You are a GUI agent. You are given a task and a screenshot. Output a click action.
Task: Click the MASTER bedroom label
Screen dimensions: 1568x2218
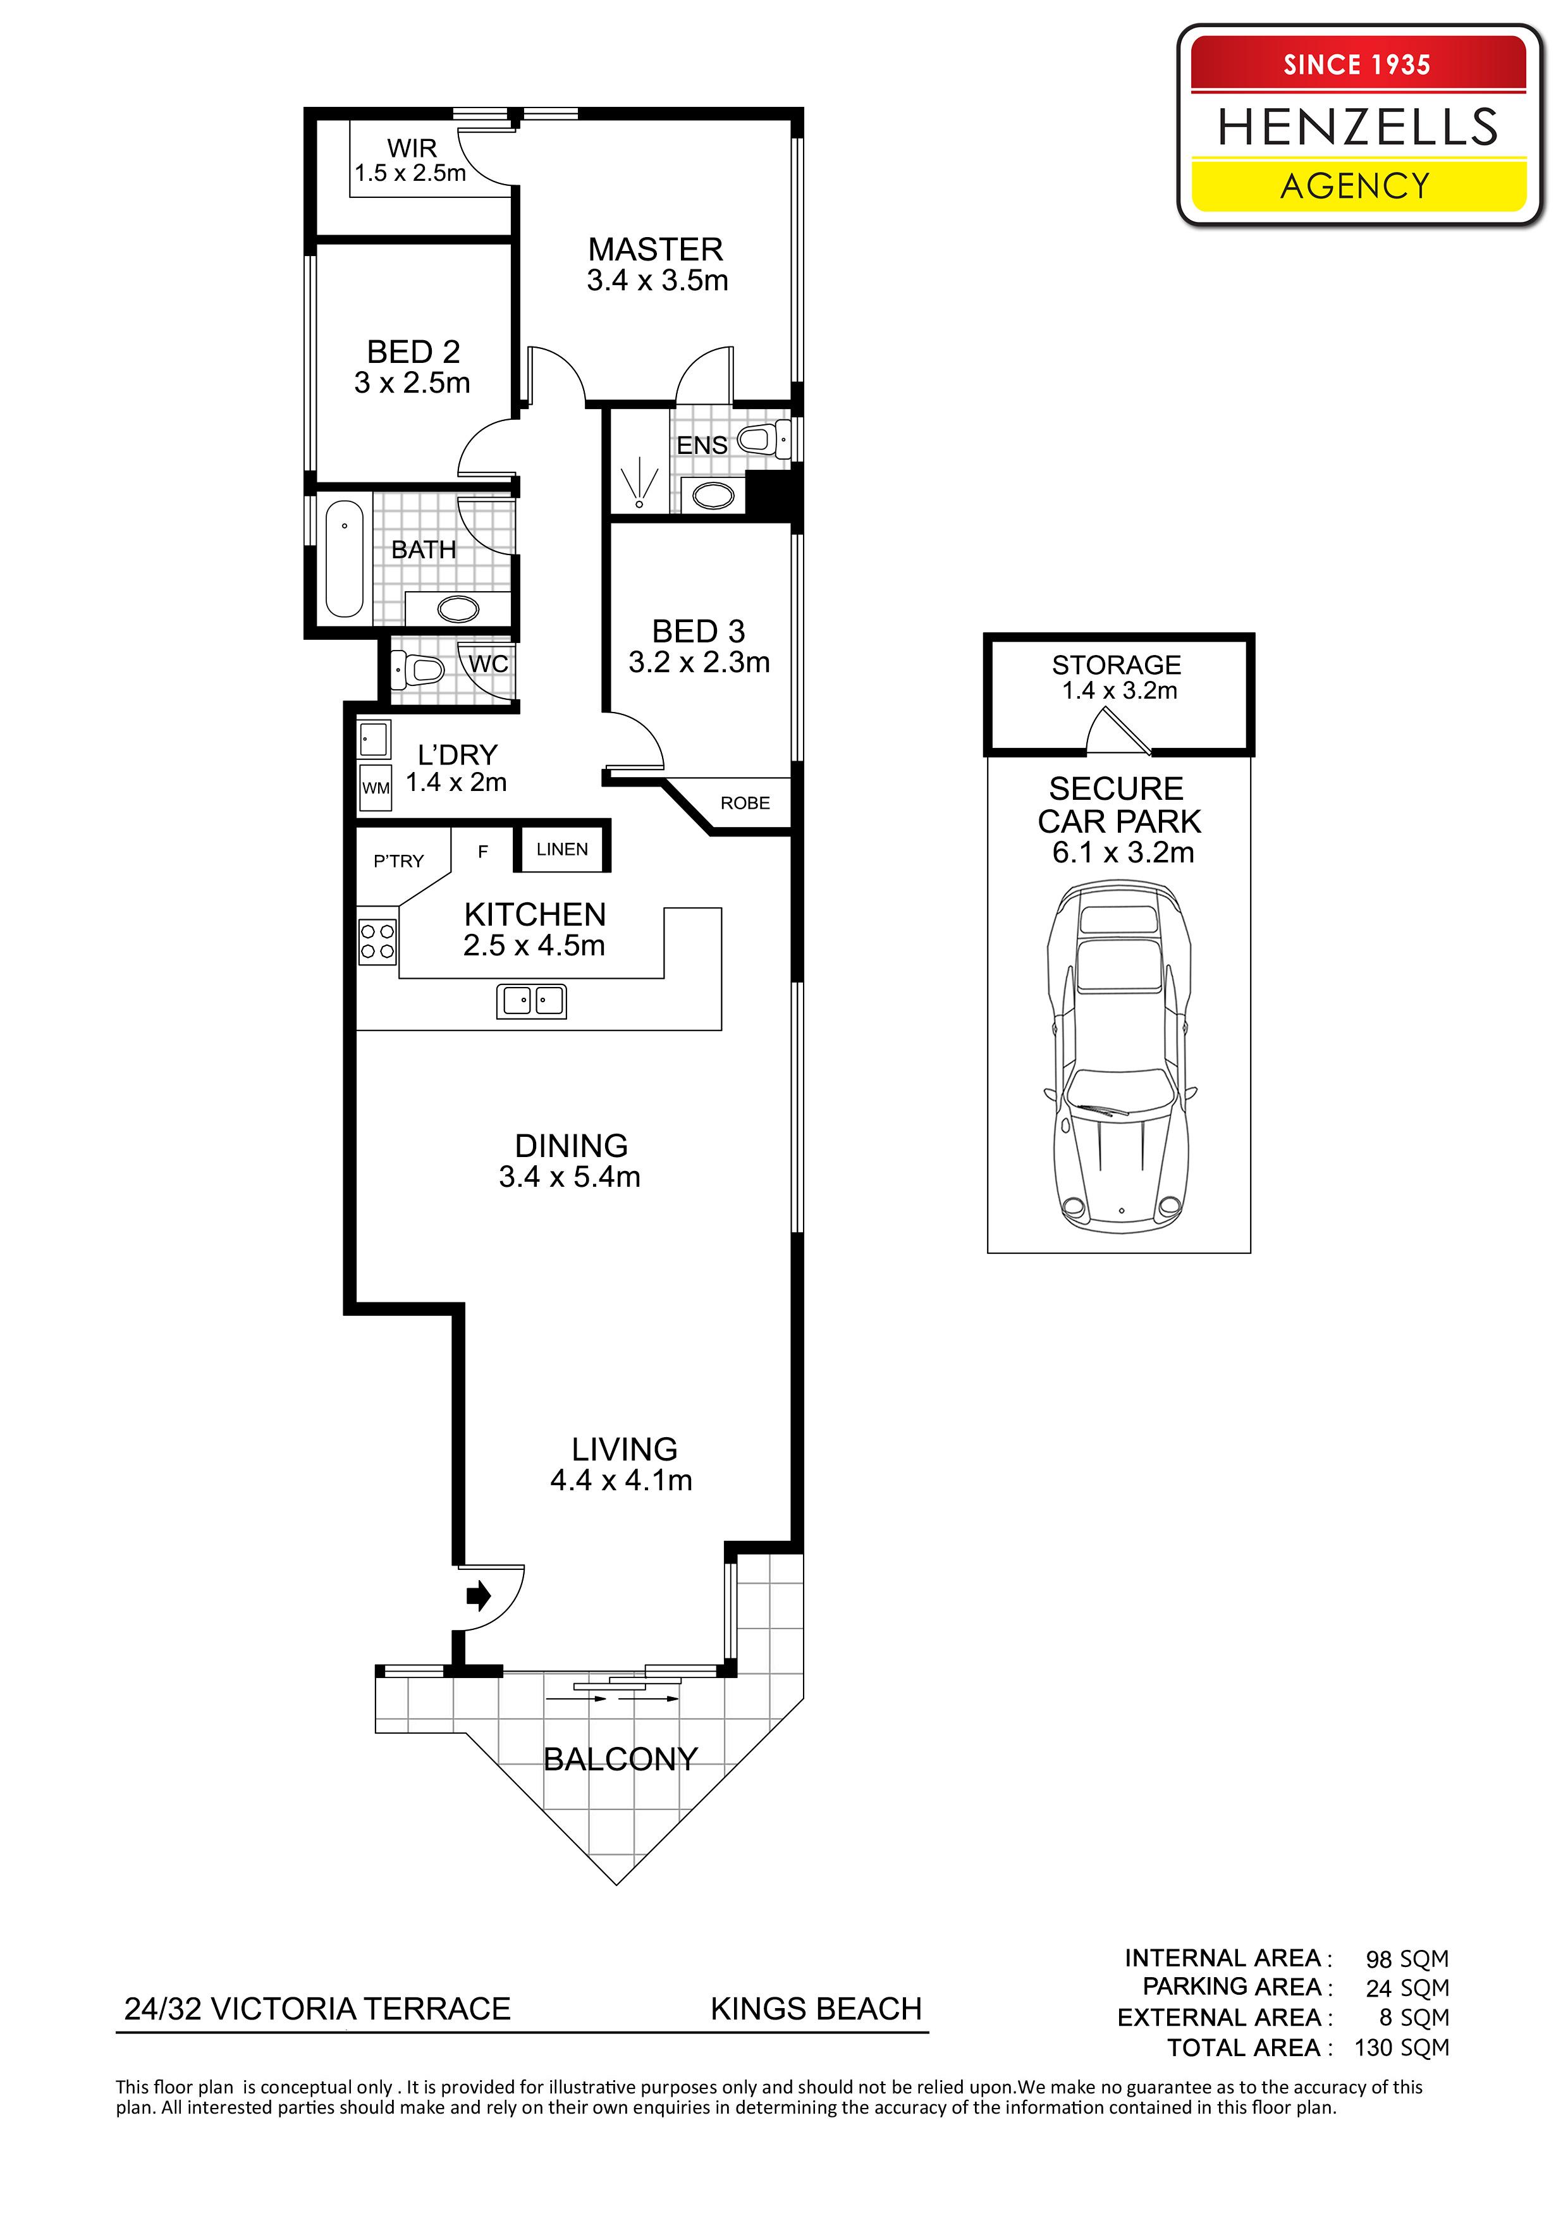(x=656, y=249)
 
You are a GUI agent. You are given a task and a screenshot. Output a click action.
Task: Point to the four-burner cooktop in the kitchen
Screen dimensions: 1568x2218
(x=377, y=941)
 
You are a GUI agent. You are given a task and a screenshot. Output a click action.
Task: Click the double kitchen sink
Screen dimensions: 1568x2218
(x=531, y=1001)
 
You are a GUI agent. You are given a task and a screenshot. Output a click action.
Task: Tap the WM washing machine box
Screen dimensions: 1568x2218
(x=375, y=787)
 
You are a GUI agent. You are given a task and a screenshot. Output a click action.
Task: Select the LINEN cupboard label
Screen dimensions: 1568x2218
(x=562, y=849)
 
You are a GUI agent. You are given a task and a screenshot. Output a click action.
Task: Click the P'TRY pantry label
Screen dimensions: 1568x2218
(x=399, y=861)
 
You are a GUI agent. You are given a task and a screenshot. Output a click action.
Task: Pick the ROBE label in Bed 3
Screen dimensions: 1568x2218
(x=745, y=803)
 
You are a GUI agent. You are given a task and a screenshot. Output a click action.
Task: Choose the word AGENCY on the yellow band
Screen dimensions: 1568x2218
(x=1356, y=185)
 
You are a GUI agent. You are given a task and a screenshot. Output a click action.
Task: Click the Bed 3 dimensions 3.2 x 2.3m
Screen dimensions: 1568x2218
(x=699, y=663)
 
